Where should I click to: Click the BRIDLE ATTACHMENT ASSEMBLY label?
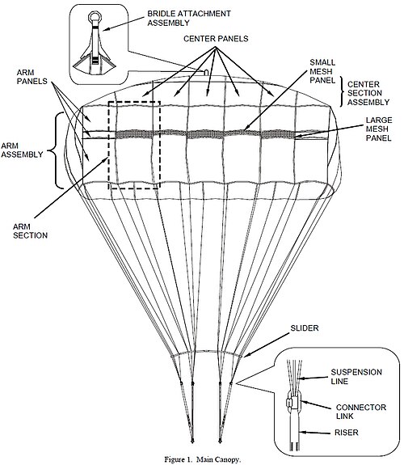189,18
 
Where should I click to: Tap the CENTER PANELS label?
216,39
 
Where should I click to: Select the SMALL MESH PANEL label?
322,71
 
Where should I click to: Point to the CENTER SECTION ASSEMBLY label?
368,93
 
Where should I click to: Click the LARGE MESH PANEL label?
379,129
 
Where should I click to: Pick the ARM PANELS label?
32,77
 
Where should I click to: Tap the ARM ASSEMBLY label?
22,150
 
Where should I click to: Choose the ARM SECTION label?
30,231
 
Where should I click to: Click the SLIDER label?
305,328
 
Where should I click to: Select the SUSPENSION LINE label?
356,377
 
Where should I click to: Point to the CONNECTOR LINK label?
361,412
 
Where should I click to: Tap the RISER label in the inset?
347,433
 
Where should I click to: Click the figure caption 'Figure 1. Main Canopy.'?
203,459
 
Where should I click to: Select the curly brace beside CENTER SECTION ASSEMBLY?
343,91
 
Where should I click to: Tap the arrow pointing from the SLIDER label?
266,345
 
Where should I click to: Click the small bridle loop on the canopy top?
206,71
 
